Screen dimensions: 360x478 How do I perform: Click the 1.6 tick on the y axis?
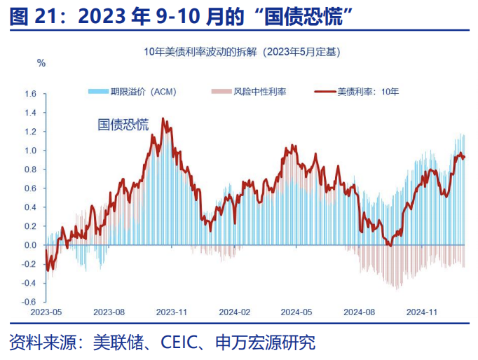point(31,93)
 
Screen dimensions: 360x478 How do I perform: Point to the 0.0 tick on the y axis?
point(31,246)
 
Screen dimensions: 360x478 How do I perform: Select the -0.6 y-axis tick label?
point(29,303)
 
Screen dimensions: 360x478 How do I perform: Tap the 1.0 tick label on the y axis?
point(31,151)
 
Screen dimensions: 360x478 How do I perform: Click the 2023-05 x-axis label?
point(46,311)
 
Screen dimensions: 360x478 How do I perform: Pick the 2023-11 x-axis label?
point(171,311)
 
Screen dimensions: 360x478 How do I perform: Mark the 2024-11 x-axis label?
point(423,311)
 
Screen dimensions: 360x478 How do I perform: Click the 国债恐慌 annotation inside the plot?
point(123,125)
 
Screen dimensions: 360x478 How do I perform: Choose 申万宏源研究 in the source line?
point(267,342)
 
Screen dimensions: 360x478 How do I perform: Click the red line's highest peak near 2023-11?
point(163,119)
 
